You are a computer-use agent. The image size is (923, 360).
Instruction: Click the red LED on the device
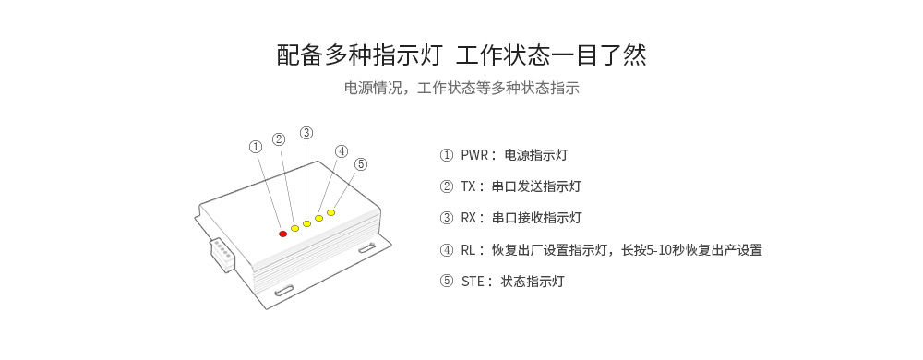(283, 234)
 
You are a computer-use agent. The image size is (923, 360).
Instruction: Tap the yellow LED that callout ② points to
(295, 228)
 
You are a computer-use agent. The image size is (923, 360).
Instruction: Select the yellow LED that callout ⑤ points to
(330, 212)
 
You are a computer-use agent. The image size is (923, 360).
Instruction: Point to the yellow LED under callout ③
(306, 223)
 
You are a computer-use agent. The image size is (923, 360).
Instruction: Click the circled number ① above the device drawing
(256, 146)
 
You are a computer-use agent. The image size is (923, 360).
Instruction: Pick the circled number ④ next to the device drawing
(342, 151)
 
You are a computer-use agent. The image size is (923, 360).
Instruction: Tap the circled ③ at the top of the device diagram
(306, 132)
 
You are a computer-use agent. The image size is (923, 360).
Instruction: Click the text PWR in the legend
(473, 155)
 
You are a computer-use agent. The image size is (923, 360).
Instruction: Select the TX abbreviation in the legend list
(469, 186)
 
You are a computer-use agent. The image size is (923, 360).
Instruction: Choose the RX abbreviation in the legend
(470, 218)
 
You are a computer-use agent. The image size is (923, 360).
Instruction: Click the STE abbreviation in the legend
(472, 282)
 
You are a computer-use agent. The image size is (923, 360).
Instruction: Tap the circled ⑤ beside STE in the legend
(447, 282)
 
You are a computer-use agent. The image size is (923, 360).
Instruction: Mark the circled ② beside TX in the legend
(447, 186)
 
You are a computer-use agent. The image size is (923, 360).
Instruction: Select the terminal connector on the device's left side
(222, 253)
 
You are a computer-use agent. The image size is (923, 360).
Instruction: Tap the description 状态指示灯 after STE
(533, 282)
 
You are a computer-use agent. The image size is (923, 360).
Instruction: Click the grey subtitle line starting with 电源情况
(461, 89)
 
